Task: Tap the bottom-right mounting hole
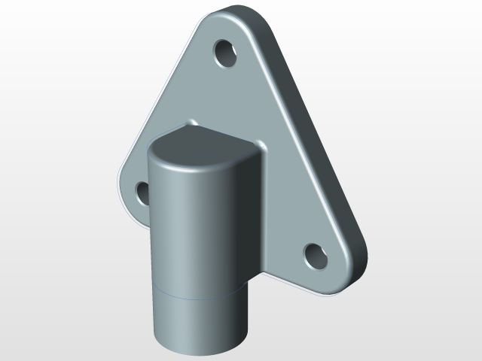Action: point(316,256)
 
